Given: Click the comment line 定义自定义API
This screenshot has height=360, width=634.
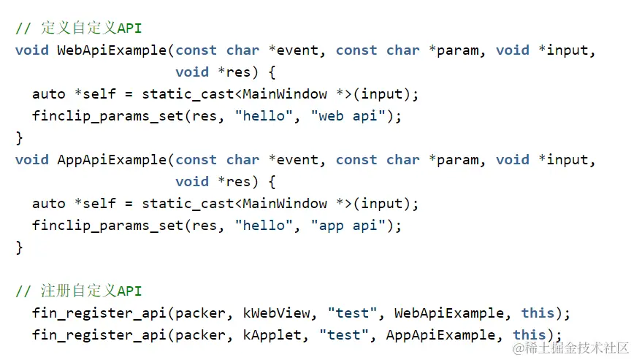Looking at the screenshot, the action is point(79,28).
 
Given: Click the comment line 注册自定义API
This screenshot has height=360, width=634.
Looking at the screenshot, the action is point(79,291).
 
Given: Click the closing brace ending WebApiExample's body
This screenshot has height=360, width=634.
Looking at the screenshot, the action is point(19,138).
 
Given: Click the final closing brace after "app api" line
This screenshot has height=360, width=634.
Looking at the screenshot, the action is point(19,248).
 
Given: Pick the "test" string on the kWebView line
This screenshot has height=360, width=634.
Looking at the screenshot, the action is point(352,313).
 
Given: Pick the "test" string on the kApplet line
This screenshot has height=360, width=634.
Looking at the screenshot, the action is point(344,335).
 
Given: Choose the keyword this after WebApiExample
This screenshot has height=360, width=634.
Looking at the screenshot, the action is point(538,313).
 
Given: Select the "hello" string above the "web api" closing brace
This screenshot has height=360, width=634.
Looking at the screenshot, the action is point(264,116).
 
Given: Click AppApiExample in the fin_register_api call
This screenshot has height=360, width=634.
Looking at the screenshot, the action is point(440,335).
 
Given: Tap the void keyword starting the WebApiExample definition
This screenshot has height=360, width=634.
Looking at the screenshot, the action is point(31,50).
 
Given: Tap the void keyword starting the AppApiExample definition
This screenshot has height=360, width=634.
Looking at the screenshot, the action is point(31,160).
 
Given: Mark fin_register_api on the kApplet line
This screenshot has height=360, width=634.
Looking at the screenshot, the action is point(91,335).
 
